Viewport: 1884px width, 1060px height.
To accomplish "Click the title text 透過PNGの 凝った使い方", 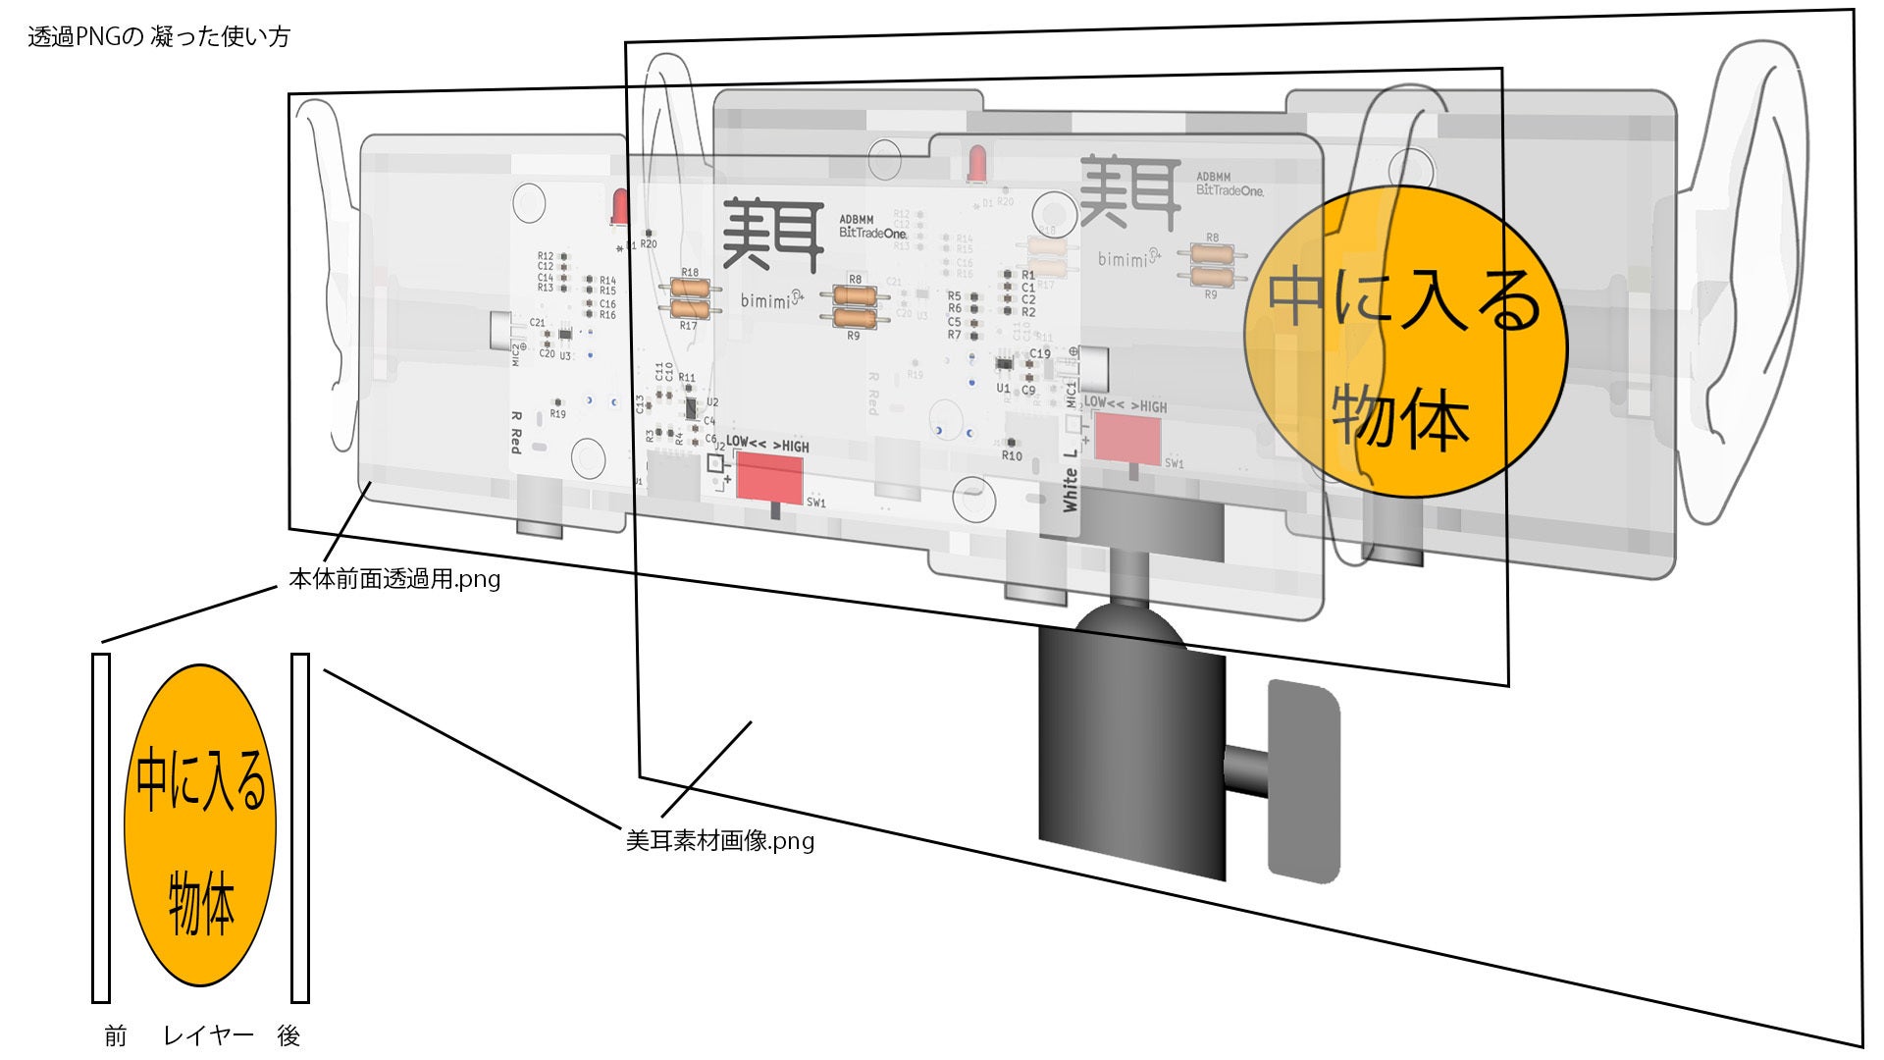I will tap(159, 37).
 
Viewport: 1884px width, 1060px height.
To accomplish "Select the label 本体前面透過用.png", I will tap(393, 579).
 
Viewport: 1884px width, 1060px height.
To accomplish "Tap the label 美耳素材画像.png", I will tap(719, 841).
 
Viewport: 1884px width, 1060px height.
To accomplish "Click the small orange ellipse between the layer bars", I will tap(200, 825).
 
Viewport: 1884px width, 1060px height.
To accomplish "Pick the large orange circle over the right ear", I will tap(1405, 344).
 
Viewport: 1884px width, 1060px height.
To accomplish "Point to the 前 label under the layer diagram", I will tap(115, 1035).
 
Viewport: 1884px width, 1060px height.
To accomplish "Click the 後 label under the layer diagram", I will tap(288, 1035).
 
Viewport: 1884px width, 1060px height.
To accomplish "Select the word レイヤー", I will tap(208, 1035).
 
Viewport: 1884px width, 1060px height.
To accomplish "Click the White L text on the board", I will tap(1071, 481).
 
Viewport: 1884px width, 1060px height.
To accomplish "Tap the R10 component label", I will tap(1012, 456).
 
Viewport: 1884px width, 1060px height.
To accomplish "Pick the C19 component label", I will tap(1039, 354).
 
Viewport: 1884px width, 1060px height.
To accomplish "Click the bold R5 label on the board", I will tap(954, 296).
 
